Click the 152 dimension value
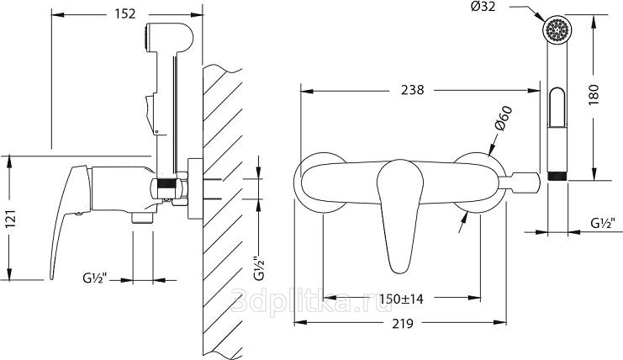(x=125, y=14)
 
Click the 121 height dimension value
(x=11, y=218)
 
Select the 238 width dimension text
(x=413, y=90)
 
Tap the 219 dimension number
(x=403, y=324)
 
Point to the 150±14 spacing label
(x=401, y=298)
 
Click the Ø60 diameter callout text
(x=503, y=119)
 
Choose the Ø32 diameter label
(x=483, y=7)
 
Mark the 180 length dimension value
(x=594, y=94)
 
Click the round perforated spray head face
(x=558, y=29)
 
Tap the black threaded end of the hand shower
(x=557, y=176)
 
